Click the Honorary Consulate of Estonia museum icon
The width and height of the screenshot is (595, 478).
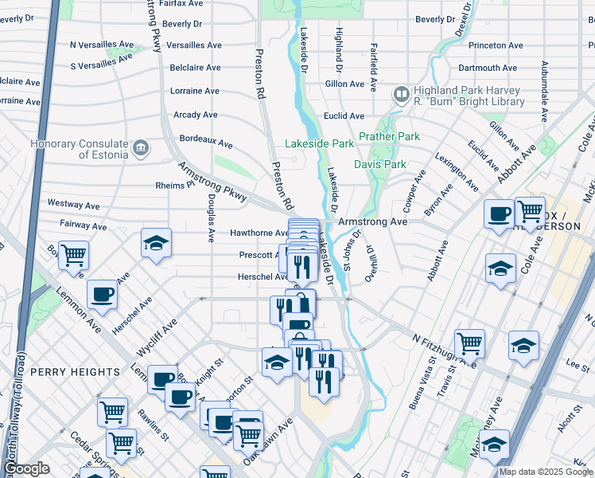(x=141, y=147)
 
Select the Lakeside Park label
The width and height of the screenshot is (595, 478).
(x=320, y=144)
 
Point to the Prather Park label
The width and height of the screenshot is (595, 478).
(x=389, y=136)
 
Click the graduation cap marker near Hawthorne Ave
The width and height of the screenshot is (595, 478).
(x=156, y=244)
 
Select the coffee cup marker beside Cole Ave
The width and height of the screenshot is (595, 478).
(x=499, y=214)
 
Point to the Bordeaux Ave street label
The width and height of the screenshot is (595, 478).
(x=206, y=140)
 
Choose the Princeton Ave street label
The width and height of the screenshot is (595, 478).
(x=499, y=45)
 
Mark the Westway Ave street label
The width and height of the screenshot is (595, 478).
(x=74, y=204)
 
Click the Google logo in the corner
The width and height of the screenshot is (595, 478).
(x=26, y=468)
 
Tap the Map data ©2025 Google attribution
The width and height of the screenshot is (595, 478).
(x=546, y=472)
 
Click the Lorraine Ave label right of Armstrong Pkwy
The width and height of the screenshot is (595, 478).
(x=194, y=91)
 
